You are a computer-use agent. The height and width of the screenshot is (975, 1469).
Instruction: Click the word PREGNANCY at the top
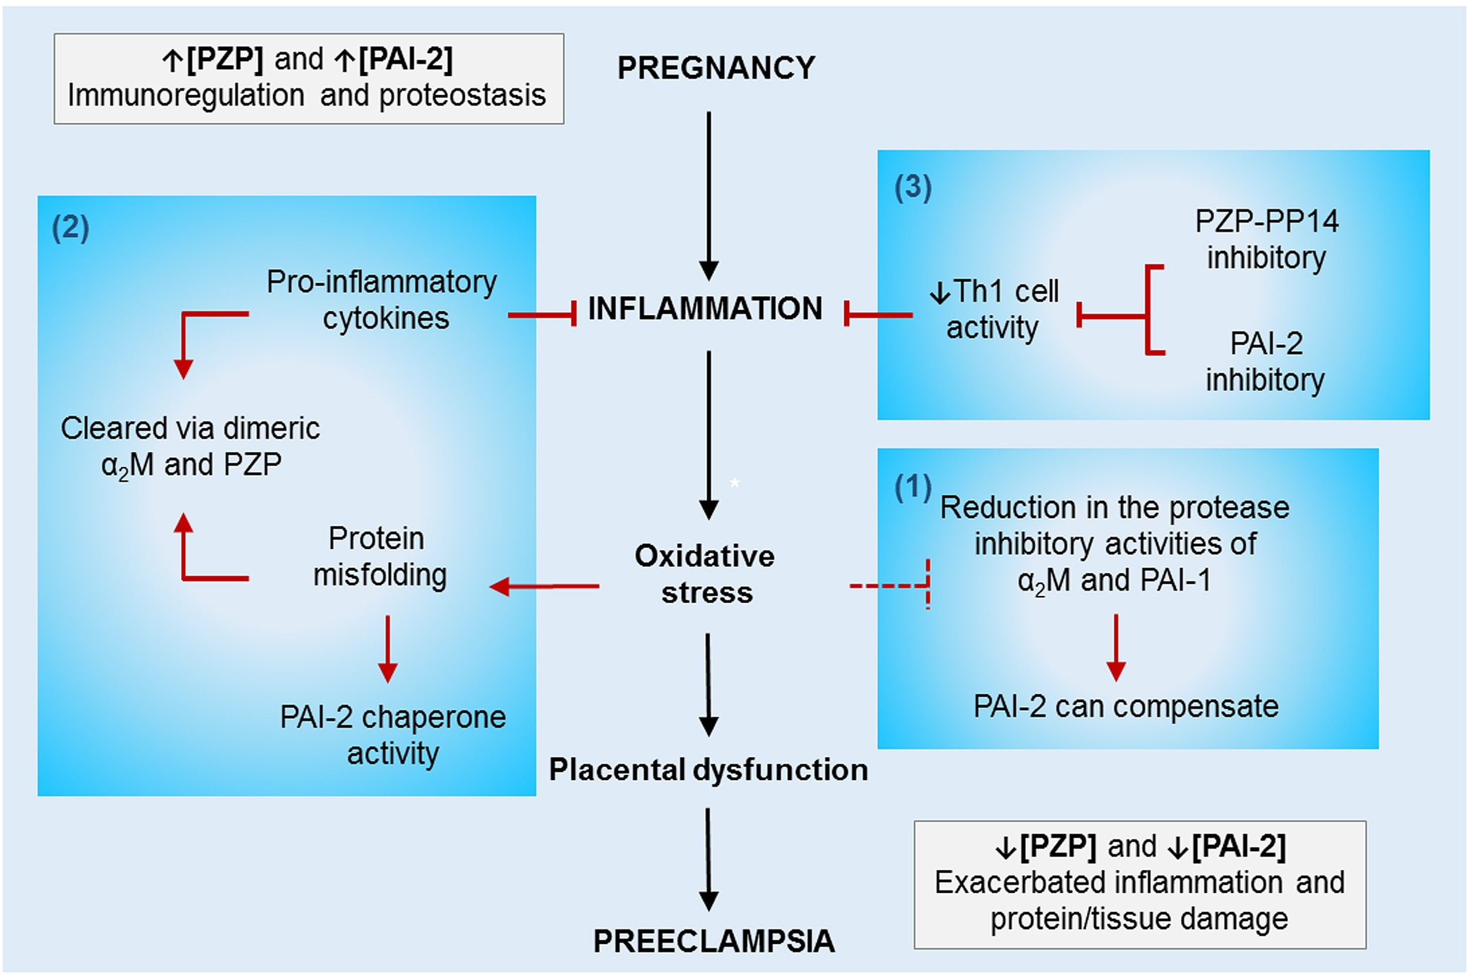click(716, 68)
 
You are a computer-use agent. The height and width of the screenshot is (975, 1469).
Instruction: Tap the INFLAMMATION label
click(705, 308)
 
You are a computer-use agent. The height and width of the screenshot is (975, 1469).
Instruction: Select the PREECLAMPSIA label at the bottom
click(714, 941)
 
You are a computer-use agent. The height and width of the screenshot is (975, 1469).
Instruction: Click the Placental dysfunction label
click(709, 770)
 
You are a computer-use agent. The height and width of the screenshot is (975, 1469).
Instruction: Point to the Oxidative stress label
click(705, 574)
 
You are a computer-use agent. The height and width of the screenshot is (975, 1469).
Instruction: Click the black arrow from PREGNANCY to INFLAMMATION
click(709, 196)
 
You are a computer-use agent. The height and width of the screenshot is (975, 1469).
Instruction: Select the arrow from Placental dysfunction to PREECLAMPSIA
click(709, 859)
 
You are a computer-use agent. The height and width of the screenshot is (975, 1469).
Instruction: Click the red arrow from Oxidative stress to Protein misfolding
click(544, 586)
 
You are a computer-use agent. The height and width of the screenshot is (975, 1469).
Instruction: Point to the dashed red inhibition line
click(890, 585)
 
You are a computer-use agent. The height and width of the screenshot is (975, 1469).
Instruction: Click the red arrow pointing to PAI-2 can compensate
click(1116, 647)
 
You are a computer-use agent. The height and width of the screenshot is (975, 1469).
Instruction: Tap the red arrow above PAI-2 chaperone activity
click(387, 649)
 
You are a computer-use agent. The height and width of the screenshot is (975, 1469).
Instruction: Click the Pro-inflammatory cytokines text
click(382, 300)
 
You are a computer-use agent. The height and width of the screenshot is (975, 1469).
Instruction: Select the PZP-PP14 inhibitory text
click(1266, 240)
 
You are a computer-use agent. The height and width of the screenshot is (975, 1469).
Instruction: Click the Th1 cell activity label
click(994, 310)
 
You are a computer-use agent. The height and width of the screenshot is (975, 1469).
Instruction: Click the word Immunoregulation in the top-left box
click(186, 96)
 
